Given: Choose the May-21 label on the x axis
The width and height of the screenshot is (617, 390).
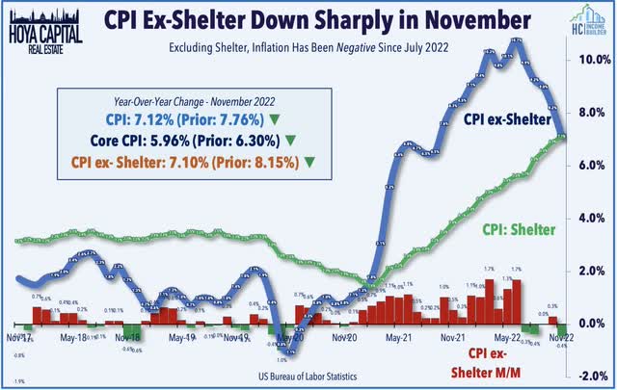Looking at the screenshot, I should tap(394, 339).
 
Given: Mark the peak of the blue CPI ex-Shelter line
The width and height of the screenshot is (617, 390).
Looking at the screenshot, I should tap(517, 41).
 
